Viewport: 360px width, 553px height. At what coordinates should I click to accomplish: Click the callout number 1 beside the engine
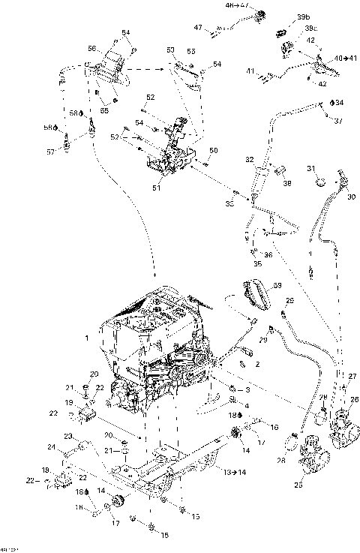tap(87, 338)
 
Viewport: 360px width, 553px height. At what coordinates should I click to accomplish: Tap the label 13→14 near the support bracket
tap(235, 472)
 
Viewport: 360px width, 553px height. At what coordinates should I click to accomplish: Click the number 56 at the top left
tap(91, 48)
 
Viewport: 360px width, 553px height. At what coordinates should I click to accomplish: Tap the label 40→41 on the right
tap(345, 58)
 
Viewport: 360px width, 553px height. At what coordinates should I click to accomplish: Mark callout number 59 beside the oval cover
tap(277, 286)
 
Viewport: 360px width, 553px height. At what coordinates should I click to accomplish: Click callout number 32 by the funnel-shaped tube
tap(249, 160)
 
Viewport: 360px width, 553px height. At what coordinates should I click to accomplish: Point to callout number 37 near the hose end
tap(338, 122)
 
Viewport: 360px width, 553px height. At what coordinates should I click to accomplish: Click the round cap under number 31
tap(319, 182)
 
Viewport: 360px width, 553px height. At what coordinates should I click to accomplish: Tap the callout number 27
tap(352, 376)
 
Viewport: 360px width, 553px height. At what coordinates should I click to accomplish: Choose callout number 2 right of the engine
tap(256, 364)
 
